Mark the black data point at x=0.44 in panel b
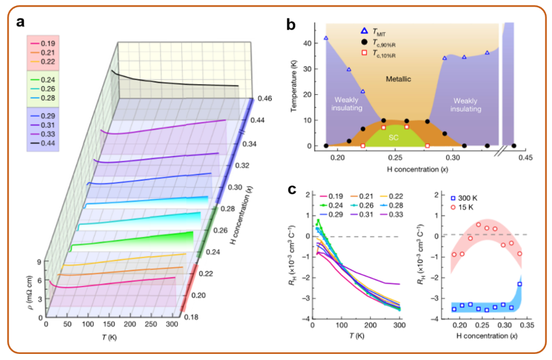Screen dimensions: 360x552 [x=514, y=146]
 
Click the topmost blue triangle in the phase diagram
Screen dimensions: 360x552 [x=326, y=38]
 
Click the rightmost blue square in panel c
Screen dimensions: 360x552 [x=520, y=284]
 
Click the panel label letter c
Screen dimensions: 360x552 [x=292, y=190]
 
